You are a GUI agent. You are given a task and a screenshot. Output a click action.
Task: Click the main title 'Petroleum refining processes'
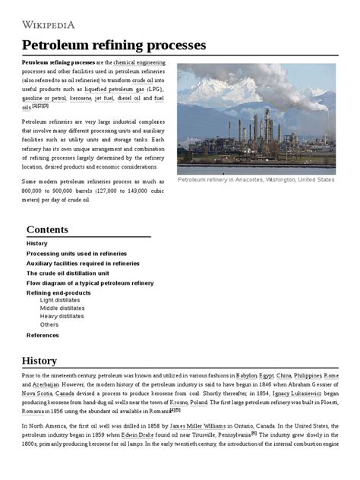(x=114, y=45)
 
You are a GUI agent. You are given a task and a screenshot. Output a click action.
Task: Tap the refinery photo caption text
(x=255, y=180)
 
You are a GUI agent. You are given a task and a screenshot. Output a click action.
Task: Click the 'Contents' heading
(x=47, y=229)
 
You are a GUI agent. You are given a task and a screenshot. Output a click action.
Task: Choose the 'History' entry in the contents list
(x=36, y=243)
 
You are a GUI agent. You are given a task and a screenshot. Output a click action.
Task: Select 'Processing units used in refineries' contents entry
(x=77, y=253)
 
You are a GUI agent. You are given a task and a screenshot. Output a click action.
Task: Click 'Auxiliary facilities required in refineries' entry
(x=83, y=263)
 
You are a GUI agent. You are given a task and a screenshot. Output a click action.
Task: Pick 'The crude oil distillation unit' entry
(x=68, y=273)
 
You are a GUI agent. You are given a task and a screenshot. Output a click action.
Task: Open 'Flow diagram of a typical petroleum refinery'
(x=90, y=283)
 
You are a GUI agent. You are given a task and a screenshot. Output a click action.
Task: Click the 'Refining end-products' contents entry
(x=58, y=292)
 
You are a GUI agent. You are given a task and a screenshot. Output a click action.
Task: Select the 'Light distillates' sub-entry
(x=61, y=300)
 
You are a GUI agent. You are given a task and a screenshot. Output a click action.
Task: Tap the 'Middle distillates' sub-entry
(x=62, y=308)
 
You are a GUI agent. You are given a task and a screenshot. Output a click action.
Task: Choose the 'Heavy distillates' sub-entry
(x=62, y=316)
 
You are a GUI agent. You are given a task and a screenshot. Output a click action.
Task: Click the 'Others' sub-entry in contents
(x=49, y=324)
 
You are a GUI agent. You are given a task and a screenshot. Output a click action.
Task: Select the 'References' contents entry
(x=43, y=335)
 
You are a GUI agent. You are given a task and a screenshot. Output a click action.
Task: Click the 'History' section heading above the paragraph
(x=39, y=360)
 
